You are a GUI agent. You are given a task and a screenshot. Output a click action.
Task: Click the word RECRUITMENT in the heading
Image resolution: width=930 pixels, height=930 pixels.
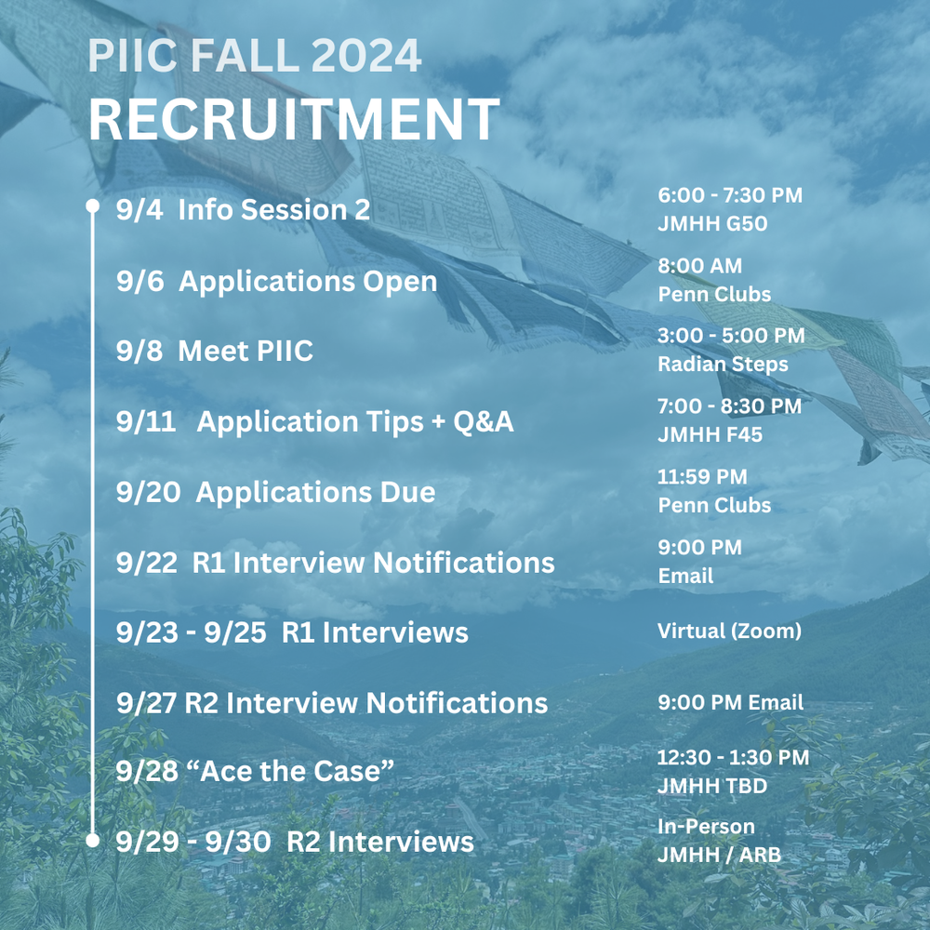pyautogui.click(x=294, y=119)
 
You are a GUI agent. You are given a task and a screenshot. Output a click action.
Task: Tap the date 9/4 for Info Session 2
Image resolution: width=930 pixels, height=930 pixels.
pyautogui.click(x=140, y=210)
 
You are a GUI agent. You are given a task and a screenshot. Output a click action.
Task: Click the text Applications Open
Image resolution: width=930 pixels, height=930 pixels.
pyautogui.click(x=307, y=282)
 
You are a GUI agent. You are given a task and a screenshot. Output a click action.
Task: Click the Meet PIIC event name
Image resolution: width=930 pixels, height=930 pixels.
pyautogui.click(x=246, y=352)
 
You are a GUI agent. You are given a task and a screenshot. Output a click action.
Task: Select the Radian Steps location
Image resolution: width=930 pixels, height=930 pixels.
pyautogui.click(x=723, y=364)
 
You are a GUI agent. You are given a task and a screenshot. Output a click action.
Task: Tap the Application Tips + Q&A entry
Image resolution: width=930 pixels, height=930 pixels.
pyautogui.click(x=354, y=422)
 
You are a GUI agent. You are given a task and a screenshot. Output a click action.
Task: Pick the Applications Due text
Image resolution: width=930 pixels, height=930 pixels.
pyautogui.click(x=315, y=492)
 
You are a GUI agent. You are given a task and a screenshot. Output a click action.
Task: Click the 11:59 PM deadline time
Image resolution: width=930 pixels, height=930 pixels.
pyautogui.click(x=702, y=477)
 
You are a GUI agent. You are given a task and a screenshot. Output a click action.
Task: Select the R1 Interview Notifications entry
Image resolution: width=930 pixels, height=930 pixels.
pyautogui.click(x=373, y=563)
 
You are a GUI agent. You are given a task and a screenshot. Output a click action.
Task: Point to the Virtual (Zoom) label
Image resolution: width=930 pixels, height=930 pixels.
pyautogui.click(x=729, y=631)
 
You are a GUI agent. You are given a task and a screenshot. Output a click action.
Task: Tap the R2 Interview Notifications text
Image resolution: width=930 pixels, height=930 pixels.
pyautogui.click(x=366, y=703)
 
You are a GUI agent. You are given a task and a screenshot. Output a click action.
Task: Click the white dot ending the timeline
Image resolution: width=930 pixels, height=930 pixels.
pyautogui.click(x=92, y=841)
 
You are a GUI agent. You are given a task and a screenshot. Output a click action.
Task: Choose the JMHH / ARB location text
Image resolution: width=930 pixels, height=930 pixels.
pyautogui.click(x=719, y=854)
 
